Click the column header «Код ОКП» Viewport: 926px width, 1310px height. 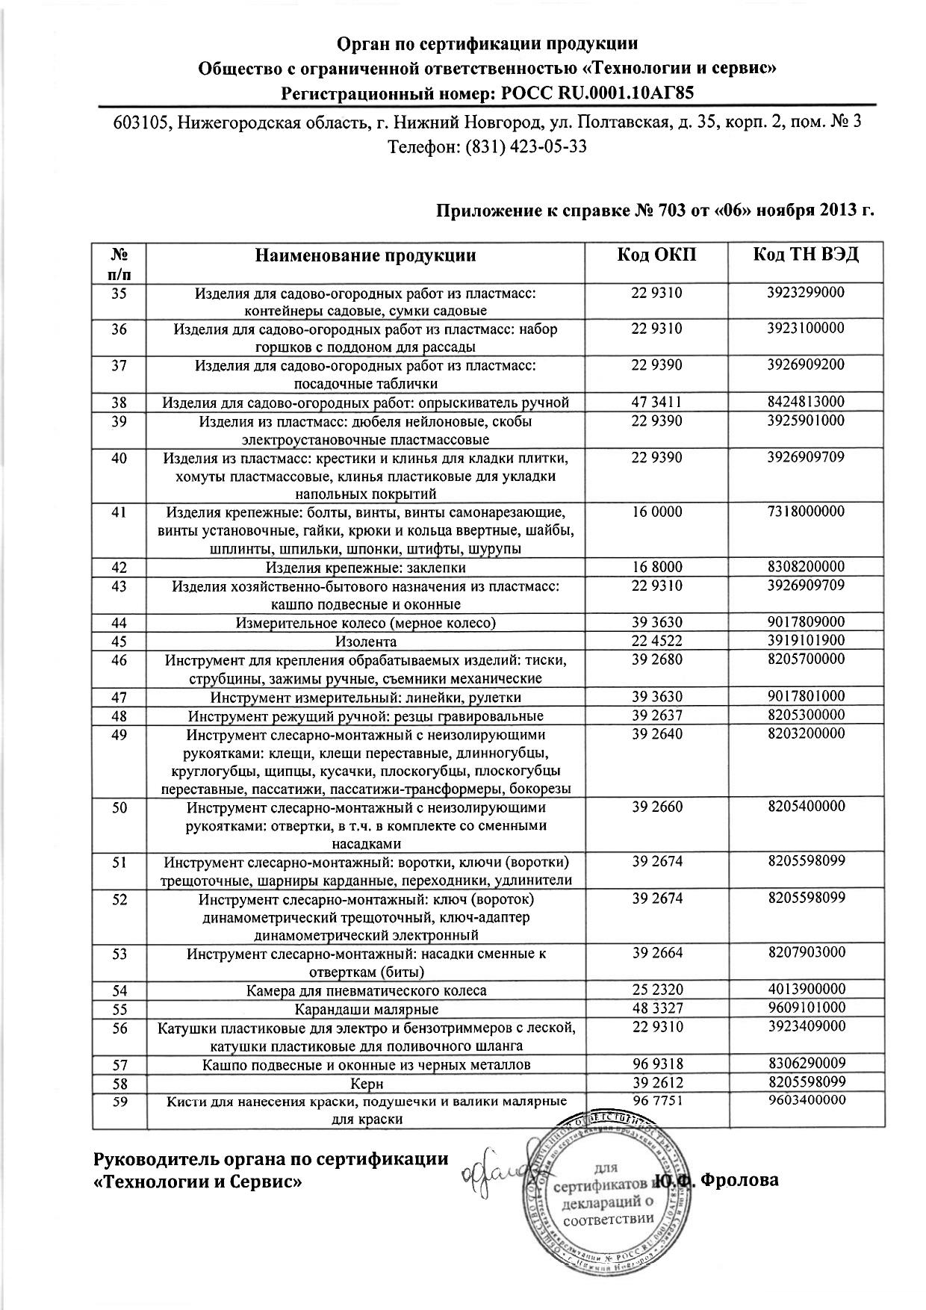(x=656, y=255)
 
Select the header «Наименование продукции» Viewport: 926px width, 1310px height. (x=366, y=256)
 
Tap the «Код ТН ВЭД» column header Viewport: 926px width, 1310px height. (x=806, y=255)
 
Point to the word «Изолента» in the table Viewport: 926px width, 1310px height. (x=366, y=642)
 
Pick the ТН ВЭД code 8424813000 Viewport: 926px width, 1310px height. (x=806, y=403)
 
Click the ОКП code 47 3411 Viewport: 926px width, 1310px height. (x=656, y=403)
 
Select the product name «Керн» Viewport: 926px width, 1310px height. (x=366, y=1083)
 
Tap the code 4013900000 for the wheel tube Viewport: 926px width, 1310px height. (x=806, y=990)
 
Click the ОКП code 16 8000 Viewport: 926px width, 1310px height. (x=656, y=568)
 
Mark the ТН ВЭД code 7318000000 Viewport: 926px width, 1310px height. (x=806, y=512)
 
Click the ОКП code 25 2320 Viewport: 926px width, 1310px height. (x=656, y=990)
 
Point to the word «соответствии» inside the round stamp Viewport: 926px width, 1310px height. (x=609, y=1223)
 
